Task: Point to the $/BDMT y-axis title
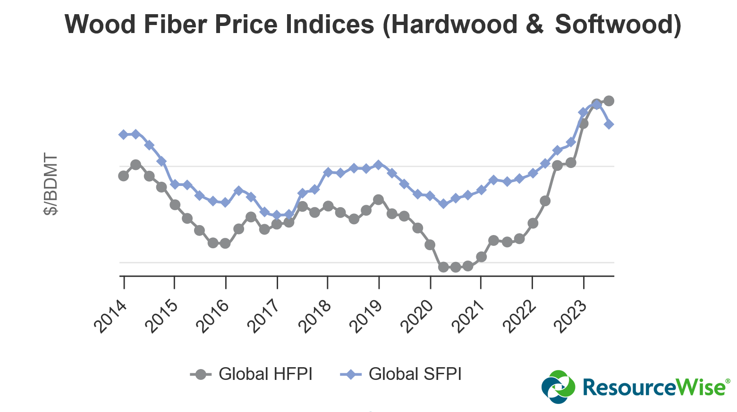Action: point(51,184)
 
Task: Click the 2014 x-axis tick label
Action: point(111,317)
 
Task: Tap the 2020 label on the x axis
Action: point(417,317)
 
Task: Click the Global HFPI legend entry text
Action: point(265,374)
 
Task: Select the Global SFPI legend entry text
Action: point(415,374)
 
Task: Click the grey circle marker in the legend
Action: point(201,374)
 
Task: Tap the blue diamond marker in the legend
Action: point(350,374)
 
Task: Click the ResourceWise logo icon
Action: point(559,387)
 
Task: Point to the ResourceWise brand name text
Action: point(653,387)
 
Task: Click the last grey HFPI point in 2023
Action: point(609,101)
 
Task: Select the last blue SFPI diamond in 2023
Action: point(609,124)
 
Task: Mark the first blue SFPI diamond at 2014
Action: point(124,135)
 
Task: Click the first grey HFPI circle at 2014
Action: point(124,176)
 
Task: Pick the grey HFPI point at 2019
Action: point(378,200)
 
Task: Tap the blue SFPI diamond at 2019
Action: point(378,165)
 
